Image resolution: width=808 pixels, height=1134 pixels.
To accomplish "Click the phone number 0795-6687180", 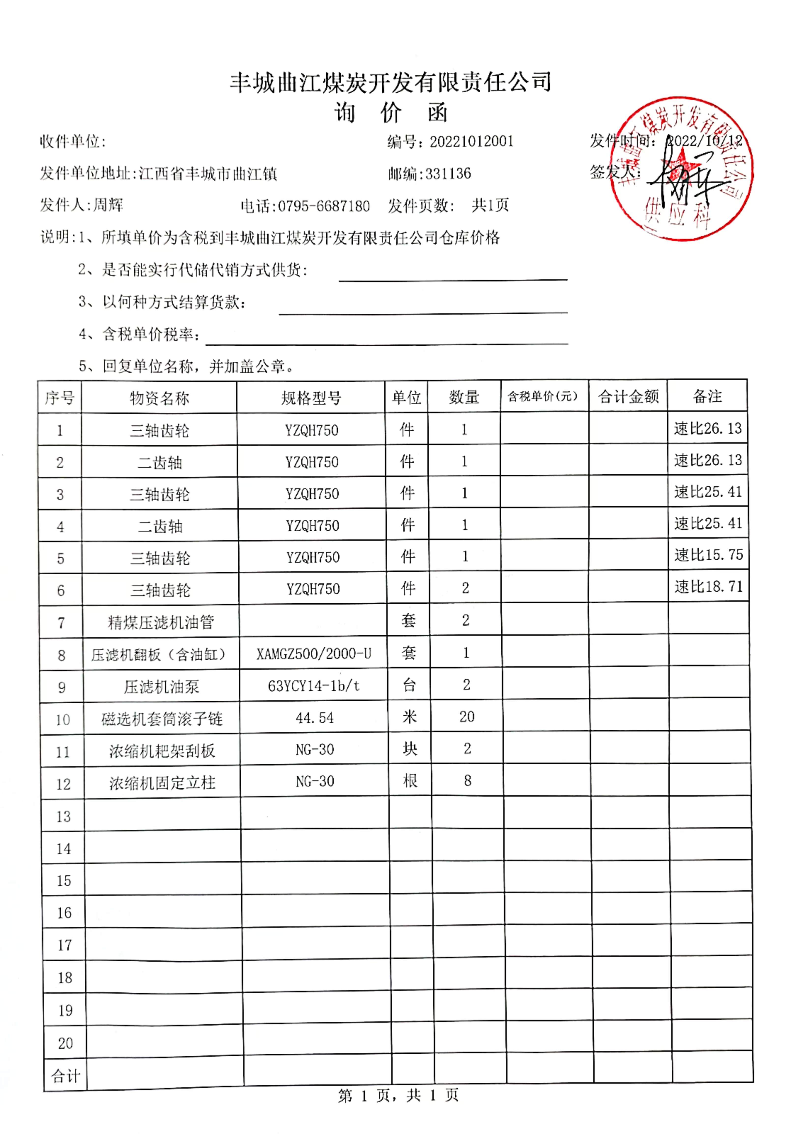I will pos(323,206).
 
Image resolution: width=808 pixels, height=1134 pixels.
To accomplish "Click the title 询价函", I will pos(390,113).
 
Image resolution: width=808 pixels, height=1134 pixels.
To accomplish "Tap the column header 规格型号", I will pos(311,397).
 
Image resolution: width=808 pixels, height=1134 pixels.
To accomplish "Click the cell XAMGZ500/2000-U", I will pos(314,653).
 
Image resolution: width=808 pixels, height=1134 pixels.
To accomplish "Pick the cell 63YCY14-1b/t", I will pos(314,686).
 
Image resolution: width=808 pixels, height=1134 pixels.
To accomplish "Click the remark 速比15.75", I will pos(708,554).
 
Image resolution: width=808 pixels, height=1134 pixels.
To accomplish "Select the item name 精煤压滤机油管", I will pos(161,622).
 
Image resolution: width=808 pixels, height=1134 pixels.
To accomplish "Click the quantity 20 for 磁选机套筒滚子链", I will pos(467,717).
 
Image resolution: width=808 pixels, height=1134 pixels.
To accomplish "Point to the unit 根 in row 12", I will pos(410,781).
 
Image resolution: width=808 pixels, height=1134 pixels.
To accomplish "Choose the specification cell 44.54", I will pos(315,718).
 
